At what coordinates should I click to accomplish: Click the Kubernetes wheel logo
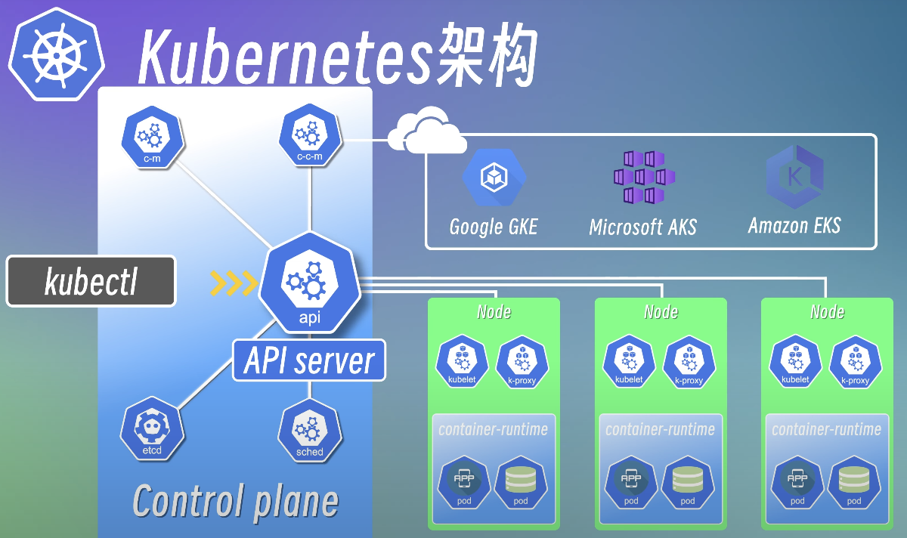[56, 55]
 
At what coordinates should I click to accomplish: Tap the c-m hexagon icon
[153, 137]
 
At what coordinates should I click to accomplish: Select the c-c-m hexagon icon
[310, 136]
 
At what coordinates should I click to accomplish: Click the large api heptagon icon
[309, 284]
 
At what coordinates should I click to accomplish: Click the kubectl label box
[91, 281]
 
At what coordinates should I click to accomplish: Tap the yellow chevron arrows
[234, 283]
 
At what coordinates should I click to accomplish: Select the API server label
[309, 360]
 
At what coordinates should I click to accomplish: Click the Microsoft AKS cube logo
[643, 177]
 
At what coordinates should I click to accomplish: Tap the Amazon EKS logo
[794, 177]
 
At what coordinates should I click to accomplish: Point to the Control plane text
[235, 501]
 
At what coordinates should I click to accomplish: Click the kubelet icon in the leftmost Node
[462, 361]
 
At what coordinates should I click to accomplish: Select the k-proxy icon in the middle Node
[689, 361]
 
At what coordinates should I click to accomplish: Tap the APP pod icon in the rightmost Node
[797, 481]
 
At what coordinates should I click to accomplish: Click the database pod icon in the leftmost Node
[521, 481]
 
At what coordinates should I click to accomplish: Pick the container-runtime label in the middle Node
[660, 429]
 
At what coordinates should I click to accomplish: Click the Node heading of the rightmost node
[827, 311]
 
